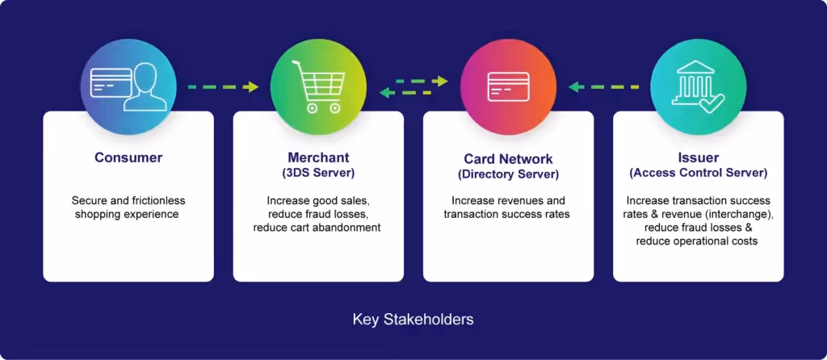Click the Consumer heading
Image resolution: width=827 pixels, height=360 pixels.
128,157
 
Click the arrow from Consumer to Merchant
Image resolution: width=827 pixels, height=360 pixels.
223,86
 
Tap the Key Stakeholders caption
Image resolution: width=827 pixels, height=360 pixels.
413,320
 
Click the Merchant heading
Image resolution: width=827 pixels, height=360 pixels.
318,157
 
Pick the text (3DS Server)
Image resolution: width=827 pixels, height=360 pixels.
318,172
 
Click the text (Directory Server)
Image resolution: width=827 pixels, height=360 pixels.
508,174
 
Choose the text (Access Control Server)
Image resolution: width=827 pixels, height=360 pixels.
698,172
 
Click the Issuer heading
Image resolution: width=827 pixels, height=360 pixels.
698,157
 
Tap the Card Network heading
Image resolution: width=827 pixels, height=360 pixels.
508,160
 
